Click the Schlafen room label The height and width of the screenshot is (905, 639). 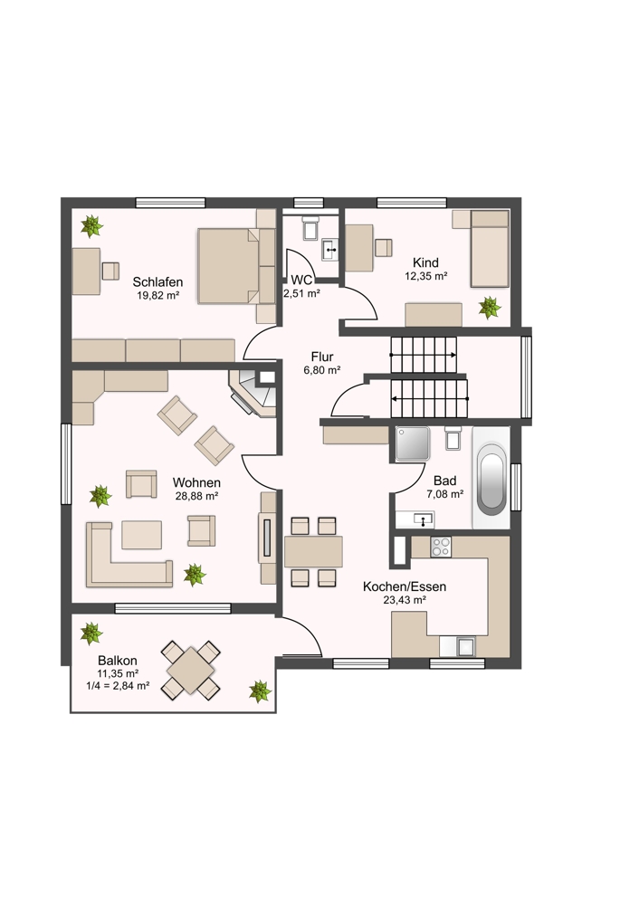157,282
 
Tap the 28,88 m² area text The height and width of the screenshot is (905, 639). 196,496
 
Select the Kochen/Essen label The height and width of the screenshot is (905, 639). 404,586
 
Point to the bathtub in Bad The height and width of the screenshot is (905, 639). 491,477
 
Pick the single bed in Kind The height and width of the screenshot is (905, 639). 490,248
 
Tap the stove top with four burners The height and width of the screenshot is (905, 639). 441,547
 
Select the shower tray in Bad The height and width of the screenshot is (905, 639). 412,443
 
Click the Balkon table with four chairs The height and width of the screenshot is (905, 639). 191,670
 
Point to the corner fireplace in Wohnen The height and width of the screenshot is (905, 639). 253,393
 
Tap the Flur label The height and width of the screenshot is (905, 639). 322,357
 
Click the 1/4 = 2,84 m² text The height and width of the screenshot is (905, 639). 118,686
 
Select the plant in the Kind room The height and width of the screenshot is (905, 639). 490,307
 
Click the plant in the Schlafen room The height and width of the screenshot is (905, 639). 91,225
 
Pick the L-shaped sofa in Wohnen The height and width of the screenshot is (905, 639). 129,555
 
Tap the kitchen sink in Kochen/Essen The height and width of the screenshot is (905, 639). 465,645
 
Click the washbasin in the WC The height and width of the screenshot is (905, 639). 330,250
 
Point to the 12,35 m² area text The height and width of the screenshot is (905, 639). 426,276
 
